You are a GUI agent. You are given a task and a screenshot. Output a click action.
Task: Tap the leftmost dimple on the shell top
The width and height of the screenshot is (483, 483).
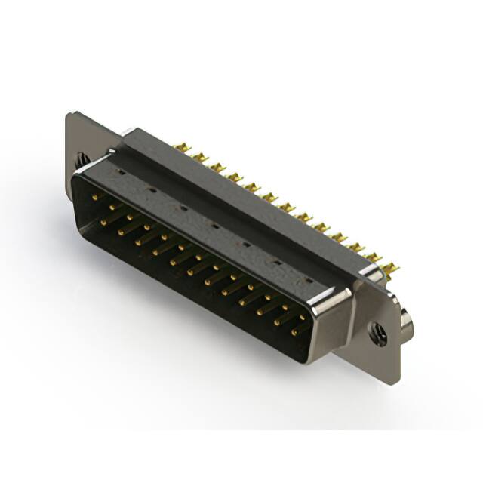click(121, 171)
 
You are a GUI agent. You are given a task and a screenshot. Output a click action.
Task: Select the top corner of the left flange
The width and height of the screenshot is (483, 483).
click(70, 115)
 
